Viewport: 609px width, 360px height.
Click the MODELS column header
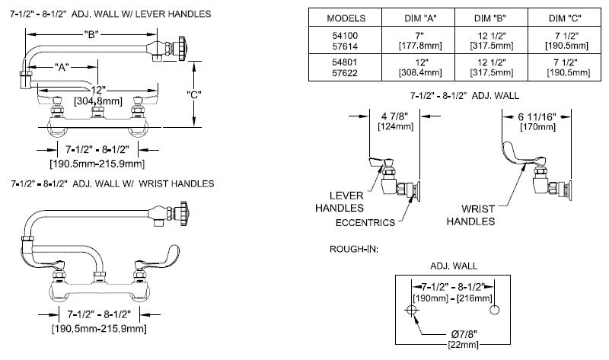345,17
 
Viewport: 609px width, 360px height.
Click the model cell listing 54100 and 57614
345,40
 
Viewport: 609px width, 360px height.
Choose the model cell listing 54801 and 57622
345,67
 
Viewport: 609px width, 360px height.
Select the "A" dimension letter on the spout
65,67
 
